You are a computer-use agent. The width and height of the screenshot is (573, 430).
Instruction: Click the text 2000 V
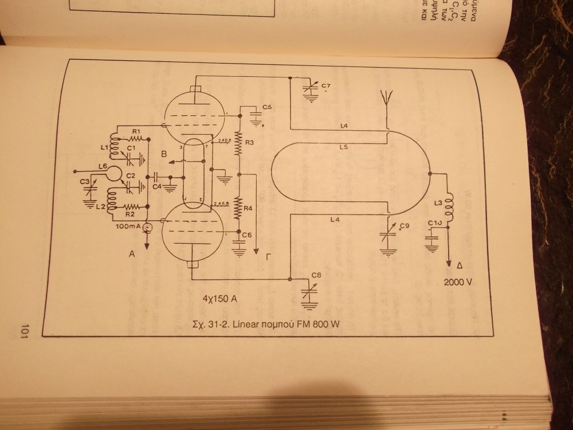pyautogui.click(x=457, y=282)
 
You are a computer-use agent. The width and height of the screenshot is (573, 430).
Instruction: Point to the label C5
pyautogui.click(x=267, y=107)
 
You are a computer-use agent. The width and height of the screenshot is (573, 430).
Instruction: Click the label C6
pyautogui.click(x=247, y=235)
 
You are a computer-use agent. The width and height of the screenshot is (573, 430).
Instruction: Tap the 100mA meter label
pyautogui.click(x=128, y=227)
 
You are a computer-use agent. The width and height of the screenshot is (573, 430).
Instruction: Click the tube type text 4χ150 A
pyautogui.click(x=221, y=299)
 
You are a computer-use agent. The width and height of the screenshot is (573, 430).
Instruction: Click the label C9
pyautogui.click(x=405, y=225)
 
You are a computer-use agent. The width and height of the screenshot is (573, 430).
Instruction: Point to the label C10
pyautogui.click(x=433, y=223)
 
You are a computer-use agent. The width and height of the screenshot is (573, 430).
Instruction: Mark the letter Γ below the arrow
pyautogui.click(x=269, y=256)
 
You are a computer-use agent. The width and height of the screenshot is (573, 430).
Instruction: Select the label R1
pyautogui.click(x=136, y=132)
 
